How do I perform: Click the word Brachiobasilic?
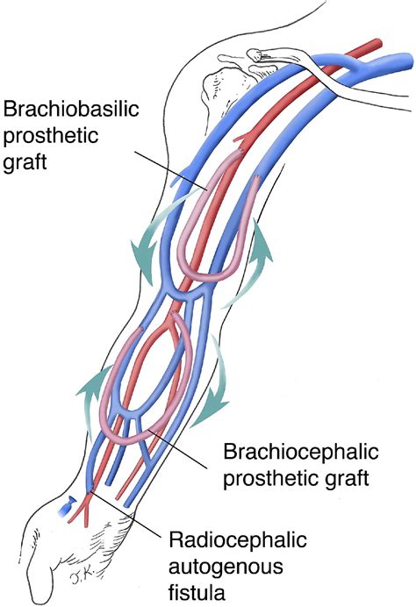coord(71,109)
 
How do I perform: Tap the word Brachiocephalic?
coord(300,452)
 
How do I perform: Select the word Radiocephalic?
coord(238,539)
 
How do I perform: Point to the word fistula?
coord(197,592)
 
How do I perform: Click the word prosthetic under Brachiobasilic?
coord(51,136)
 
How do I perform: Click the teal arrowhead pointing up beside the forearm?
coord(93,383)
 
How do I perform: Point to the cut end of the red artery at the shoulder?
coord(377,42)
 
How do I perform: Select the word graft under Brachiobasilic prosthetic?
coord(25,162)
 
